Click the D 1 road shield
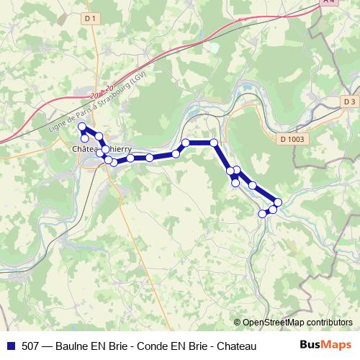89,17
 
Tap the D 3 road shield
349,102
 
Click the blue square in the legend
10,346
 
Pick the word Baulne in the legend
72,346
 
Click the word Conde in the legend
152,346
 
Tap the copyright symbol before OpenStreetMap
238,323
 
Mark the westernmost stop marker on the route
82,127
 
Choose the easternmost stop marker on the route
278,202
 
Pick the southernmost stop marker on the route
263,214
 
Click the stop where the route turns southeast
214,143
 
